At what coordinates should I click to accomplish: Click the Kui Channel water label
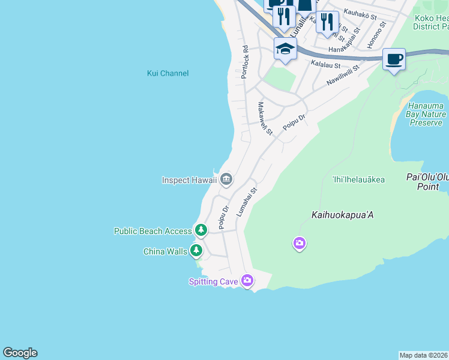coord(168,73)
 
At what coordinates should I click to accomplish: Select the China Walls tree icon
coord(196,251)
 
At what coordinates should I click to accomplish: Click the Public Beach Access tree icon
coord(200,230)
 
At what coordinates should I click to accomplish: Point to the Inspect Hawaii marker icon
coord(226,178)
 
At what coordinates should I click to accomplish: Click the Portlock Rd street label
coord(244,62)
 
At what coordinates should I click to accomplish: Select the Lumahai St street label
coord(246,202)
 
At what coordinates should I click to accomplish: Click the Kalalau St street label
coord(325,65)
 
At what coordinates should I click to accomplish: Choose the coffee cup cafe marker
coord(394,59)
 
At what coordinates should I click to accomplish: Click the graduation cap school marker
coord(286,49)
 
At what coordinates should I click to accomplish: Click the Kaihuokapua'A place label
coord(343,214)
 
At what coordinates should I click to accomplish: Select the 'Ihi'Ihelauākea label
coord(358,179)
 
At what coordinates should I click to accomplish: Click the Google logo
coord(20,353)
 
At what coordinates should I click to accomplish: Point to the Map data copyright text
coord(424,355)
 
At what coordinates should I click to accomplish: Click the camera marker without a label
coord(299,243)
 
